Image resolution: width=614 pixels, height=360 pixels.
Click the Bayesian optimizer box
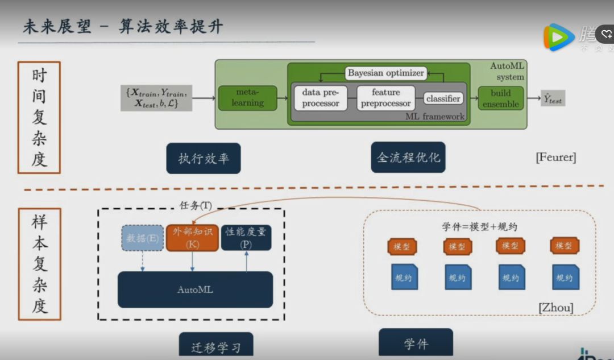[x=386, y=73]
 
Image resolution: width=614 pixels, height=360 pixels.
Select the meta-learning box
[x=247, y=98]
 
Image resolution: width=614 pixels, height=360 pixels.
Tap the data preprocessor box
[x=321, y=98]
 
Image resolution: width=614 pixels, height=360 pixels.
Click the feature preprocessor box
[x=386, y=98]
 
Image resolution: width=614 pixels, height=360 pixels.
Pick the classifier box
[x=443, y=98]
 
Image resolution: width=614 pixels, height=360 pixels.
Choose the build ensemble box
[x=500, y=98]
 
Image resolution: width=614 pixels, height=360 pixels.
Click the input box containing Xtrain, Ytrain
[x=156, y=97]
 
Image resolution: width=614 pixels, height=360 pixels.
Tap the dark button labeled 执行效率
[x=204, y=158]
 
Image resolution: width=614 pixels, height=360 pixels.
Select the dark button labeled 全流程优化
[x=408, y=157]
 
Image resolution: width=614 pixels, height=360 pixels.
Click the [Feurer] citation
[x=555, y=158]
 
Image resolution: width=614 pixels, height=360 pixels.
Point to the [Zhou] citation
[x=555, y=308]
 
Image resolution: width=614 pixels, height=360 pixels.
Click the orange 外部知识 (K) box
[x=192, y=238]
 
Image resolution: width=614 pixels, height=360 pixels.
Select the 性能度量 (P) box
[x=246, y=238]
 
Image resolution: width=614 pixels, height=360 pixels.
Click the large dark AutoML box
[x=195, y=289]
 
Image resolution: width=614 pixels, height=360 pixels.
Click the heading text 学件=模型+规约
[x=479, y=226]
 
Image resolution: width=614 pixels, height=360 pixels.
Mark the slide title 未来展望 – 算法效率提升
[x=123, y=26]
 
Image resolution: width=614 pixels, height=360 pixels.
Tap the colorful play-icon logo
[x=558, y=37]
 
